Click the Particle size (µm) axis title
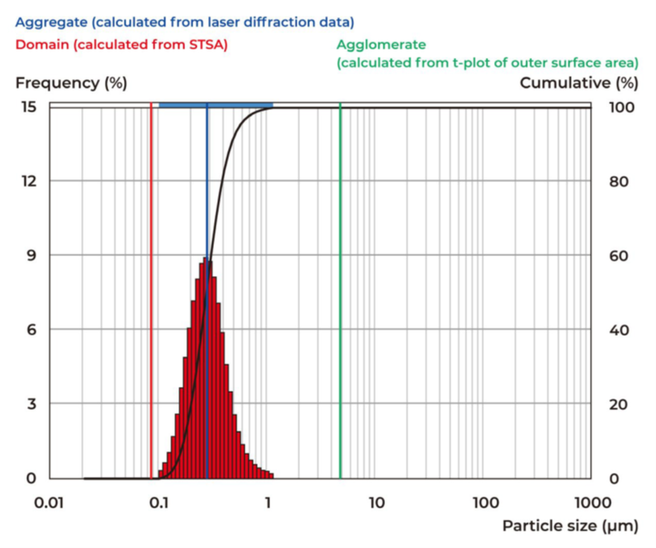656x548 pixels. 569,526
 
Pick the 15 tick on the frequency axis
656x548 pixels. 28,106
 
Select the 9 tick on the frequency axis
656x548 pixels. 31,255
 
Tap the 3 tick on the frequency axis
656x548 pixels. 31,404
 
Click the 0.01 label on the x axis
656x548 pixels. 50,501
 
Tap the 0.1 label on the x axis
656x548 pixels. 159,501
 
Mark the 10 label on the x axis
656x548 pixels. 376,501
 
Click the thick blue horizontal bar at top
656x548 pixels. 215,105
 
